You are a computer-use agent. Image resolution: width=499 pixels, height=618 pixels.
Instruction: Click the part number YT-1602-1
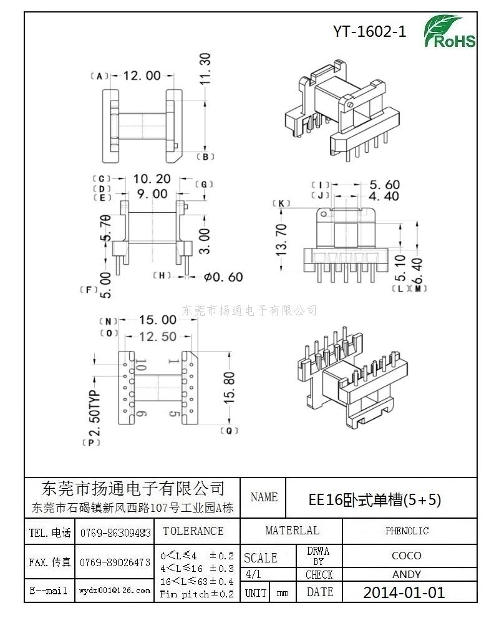(x=370, y=32)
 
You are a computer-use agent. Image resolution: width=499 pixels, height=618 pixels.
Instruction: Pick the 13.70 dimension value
(x=281, y=240)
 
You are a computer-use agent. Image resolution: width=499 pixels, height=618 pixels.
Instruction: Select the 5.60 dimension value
(x=384, y=185)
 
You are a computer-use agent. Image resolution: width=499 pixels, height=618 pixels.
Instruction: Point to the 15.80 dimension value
(x=229, y=388)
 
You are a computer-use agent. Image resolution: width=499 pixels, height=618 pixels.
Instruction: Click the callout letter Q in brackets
(x=230, y=431)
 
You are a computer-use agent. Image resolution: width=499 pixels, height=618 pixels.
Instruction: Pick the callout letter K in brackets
(x=282, y=204)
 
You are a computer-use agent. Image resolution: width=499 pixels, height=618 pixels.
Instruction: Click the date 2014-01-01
(x=404, y=592)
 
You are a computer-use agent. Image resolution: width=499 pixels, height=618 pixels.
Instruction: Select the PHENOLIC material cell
(x=407, y=531)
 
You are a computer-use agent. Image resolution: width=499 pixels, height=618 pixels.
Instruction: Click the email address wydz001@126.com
(x=114, y=590)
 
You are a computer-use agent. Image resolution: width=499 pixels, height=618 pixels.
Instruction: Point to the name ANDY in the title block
(x=407, y=574)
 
